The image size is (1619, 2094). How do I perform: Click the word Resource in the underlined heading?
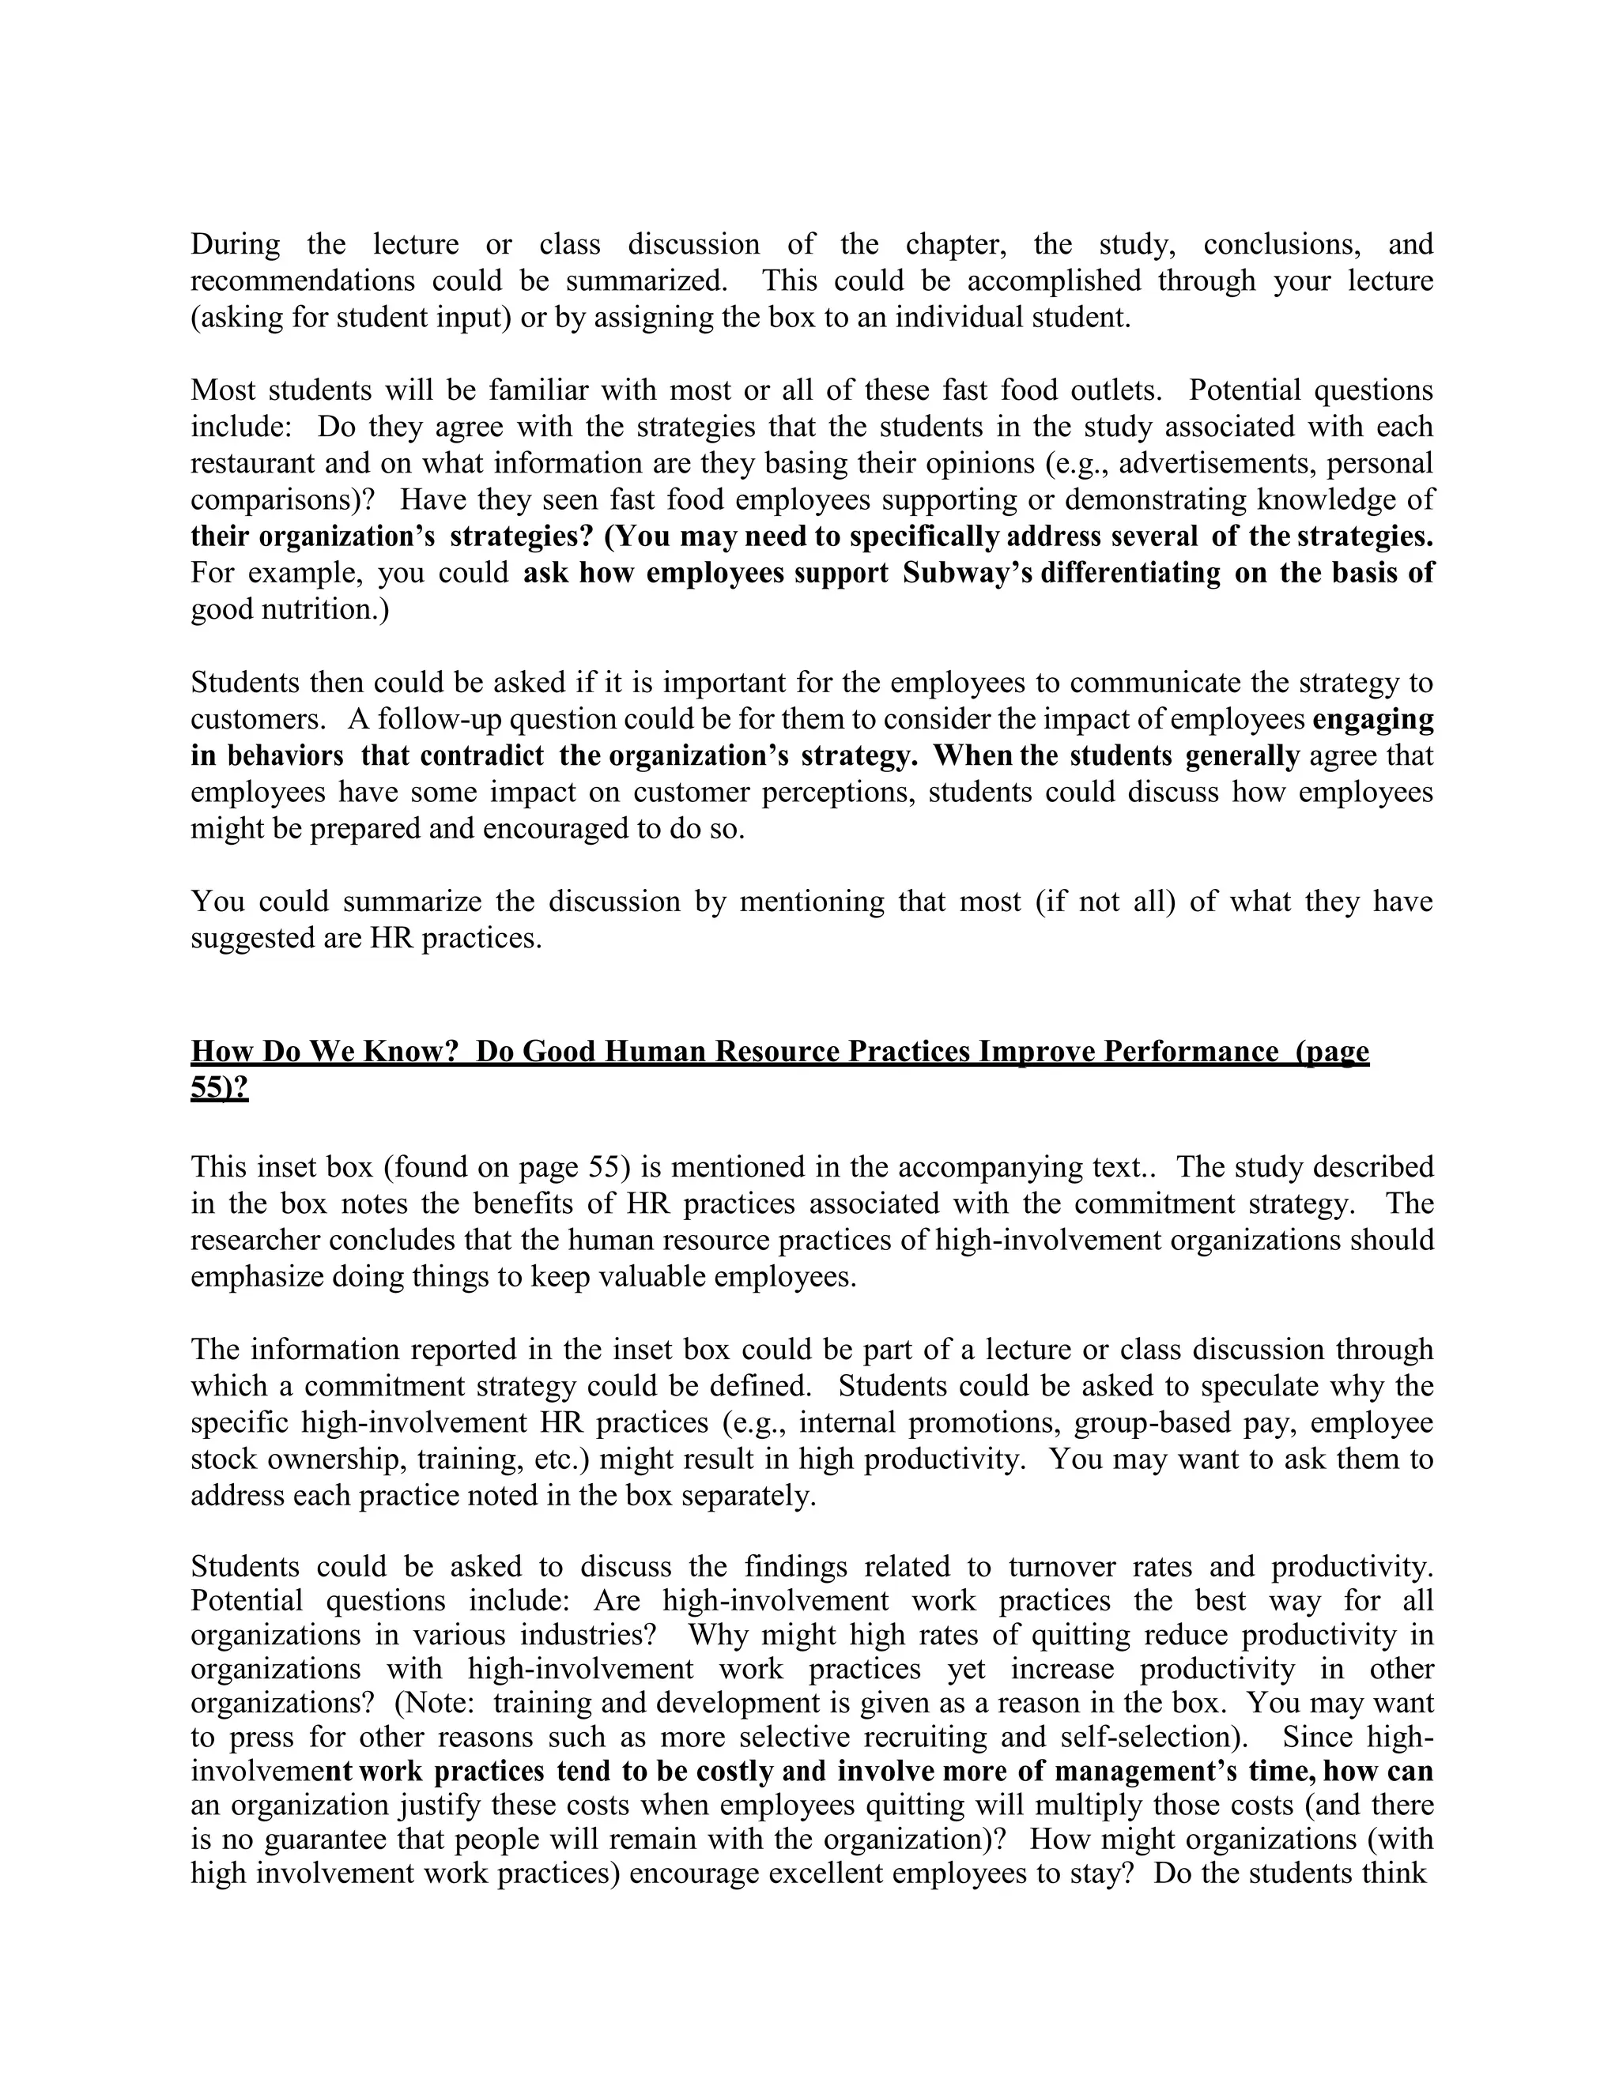[x=781, y=1052]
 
